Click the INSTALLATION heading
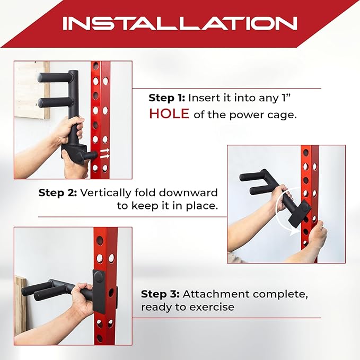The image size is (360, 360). tap(179, 23)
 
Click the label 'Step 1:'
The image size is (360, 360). tap(166, 98)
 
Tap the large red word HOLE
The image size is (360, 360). tap(169, 114)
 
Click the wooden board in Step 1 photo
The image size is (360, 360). tap(32, 90)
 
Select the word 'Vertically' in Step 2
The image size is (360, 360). tap(104, 193)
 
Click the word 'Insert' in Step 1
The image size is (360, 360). tap(202, 98)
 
